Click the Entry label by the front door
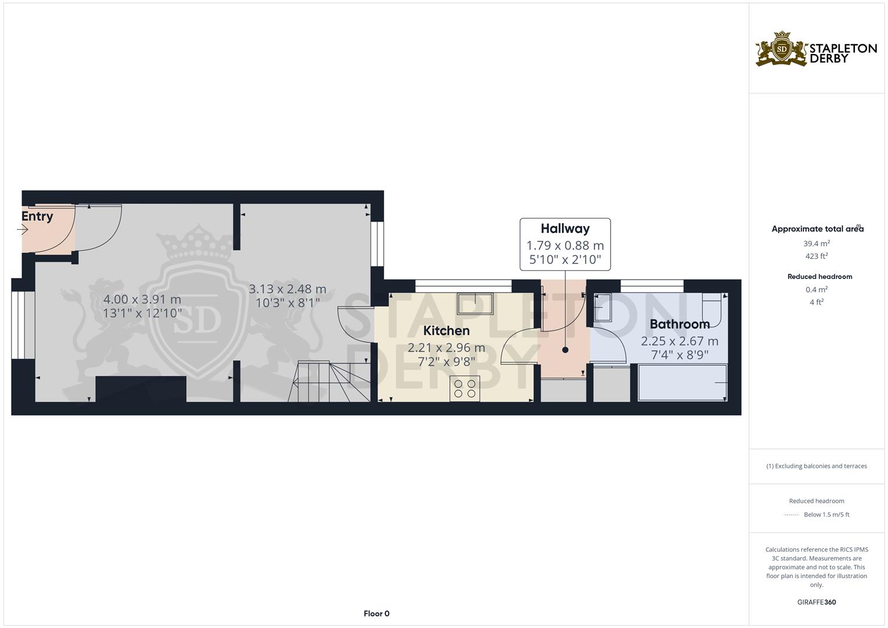(37, 216)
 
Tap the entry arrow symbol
(23, 230)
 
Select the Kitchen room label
(447, 331)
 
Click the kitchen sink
(475, 304)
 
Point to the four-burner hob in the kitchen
(465, 388)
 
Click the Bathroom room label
(679, 324)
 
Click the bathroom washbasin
(602, 308)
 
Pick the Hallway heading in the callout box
(565, 229)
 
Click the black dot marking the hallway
(565, 350)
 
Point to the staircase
(329, 381)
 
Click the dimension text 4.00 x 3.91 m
(142, 299)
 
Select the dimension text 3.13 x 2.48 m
(287, 289)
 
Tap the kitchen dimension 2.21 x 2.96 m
(447, 348)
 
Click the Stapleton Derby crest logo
(781, 49)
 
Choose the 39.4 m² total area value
(816, 244)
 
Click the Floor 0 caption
(377, 613)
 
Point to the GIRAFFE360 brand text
(816, 602)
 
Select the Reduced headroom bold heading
(820, 277)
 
